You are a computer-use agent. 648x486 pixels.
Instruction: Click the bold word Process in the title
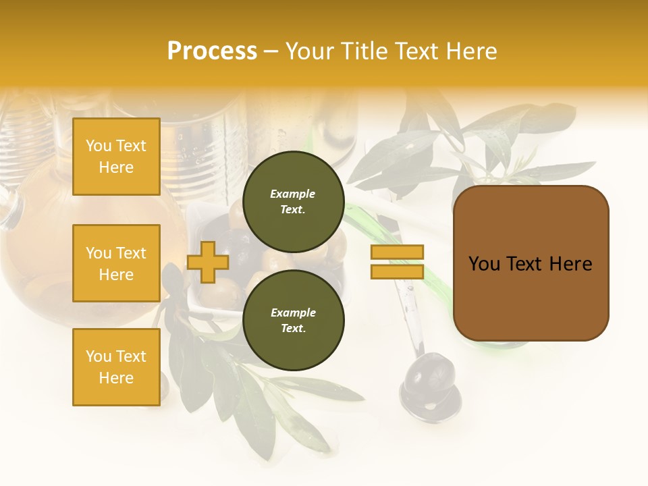(x=212, y=51)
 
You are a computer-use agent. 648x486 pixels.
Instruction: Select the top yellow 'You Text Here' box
(x=116, y=157)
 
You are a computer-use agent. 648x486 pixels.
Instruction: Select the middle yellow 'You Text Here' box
(x=116, y=263)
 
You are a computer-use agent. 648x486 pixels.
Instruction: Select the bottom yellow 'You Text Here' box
(x=116, y=367)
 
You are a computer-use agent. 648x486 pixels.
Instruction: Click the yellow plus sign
(x=207, y=262)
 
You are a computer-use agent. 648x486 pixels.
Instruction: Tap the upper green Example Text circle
(x=293, y=201)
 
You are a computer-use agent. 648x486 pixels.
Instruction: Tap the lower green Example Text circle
(x=293, y=320)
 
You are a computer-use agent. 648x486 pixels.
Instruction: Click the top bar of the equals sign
(x=397, y=252)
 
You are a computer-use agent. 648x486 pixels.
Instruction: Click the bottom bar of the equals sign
(x=397, y=271)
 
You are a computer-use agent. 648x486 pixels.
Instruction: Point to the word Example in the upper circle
(x=293, y=194)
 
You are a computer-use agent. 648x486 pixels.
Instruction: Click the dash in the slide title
(x=271, y=51)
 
